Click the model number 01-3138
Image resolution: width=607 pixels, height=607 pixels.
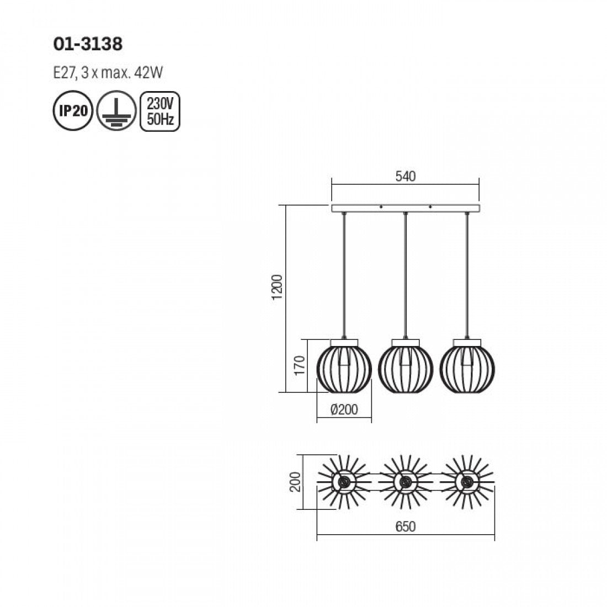pos(88,44)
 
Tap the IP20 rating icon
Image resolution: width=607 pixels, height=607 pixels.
pos(73,111)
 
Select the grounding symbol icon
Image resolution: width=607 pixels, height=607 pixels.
pos(116,111)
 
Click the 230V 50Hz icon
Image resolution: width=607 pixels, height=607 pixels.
pos(160,111)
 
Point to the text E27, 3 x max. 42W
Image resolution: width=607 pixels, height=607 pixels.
pos(108,73)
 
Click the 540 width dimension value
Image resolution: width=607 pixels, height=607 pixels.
pos(406,177)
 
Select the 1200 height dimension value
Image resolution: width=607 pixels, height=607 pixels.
pos(278,287)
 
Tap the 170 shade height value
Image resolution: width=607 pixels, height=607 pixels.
pos(300,365)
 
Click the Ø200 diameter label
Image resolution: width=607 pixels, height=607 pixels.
pos(344,409)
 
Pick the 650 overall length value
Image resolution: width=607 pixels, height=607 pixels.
pos(406,526)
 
